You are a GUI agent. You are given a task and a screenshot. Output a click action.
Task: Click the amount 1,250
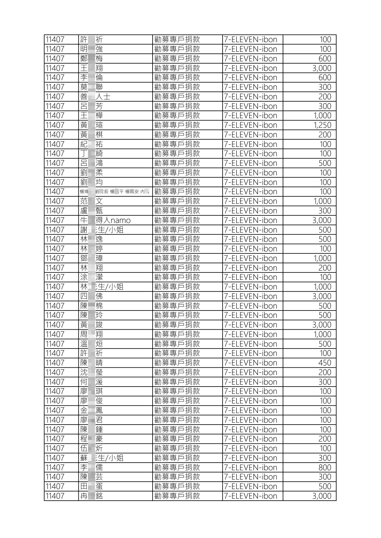coord(322,125)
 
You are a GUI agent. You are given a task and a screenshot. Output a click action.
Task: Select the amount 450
coord(324,363)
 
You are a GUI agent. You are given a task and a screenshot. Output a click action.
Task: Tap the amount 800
coord(324,468)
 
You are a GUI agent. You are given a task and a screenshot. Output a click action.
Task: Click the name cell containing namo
coord(105,220)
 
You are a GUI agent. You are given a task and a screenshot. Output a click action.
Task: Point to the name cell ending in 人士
coord(95,97)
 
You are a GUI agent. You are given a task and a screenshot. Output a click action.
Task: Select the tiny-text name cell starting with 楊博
coord(114,192)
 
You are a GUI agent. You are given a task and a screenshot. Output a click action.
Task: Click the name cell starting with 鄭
coord(91,59)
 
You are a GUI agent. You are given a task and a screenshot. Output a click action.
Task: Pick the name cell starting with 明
coord(91,49)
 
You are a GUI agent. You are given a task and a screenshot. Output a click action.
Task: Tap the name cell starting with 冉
coord(91,496)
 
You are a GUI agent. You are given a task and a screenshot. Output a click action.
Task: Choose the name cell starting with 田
coord(91,487)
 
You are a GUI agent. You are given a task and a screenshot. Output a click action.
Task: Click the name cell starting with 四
coord(91,296)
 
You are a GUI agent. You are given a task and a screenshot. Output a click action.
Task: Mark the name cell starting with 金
coord(91,411)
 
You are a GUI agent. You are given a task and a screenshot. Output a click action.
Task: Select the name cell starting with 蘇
coord(102,458)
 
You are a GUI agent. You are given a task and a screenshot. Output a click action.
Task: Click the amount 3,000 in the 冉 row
coord(321,496)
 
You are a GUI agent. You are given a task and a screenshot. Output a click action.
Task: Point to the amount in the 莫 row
coord(324,87)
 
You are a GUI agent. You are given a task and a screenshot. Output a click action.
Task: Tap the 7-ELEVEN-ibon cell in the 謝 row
coord(250,230)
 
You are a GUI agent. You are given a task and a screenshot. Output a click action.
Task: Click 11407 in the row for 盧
coord(55,211)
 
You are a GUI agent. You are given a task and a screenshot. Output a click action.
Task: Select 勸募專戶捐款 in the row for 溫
coord(177,344)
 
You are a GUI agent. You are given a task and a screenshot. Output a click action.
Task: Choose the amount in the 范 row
coord(322,201)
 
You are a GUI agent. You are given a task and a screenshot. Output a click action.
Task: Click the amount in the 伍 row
coord(325,449)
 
